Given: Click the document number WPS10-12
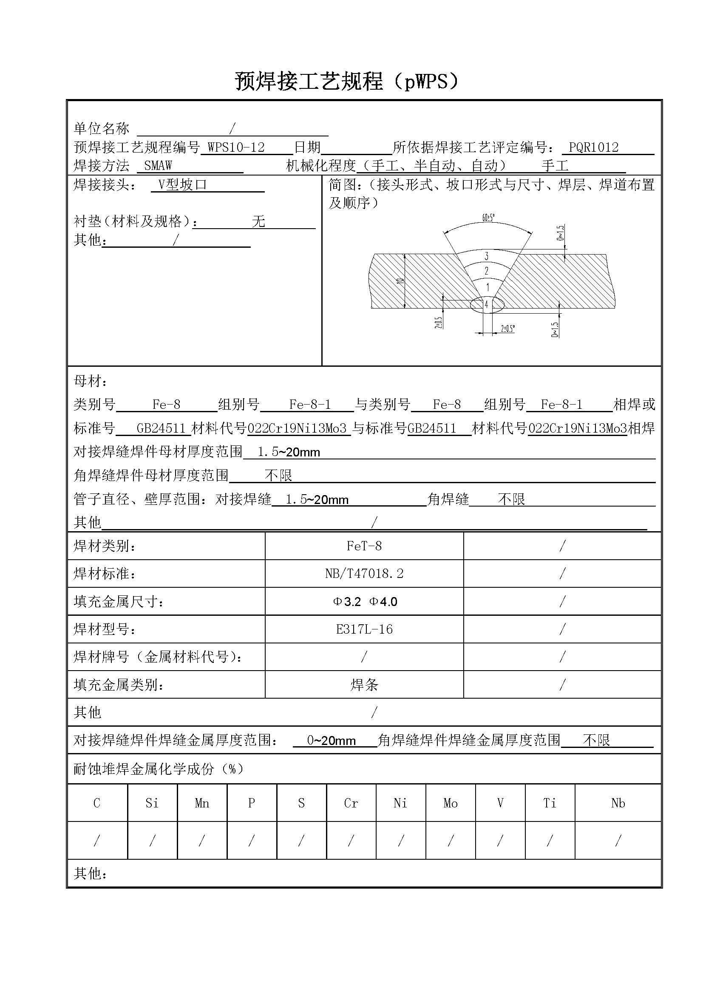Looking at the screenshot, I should tap(236, 147).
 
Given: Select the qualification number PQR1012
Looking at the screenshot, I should tap(593, 147).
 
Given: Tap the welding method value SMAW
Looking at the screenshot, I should tap(158, 165).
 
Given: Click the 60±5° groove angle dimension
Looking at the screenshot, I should tap(488, 217).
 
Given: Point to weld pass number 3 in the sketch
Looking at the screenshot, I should tap(487, 256).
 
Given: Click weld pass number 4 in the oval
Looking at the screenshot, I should tap(487, 304).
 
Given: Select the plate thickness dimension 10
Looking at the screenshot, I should tap(400, 281).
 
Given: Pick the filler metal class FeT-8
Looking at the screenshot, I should tap(364, 546).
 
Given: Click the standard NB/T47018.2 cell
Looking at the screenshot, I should tap(364, 574).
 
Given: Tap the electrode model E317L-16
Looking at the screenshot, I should tap(364, 629).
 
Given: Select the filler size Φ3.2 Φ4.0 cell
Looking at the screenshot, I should tap(364, 601).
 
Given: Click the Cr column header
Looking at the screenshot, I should tap(351, 804).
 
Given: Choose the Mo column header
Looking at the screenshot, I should tap(451, 804).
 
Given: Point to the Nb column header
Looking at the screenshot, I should tap(618, 804).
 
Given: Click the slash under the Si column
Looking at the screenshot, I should tap(152, 841).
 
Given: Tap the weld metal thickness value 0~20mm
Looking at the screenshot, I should tap(331, 740).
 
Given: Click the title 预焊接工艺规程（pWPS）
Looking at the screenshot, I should tap(346, 81).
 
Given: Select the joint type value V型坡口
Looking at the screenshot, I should tap(182, 185).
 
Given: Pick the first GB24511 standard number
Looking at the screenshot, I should tap(161, 428).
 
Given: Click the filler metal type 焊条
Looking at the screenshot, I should tap(364, 685).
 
